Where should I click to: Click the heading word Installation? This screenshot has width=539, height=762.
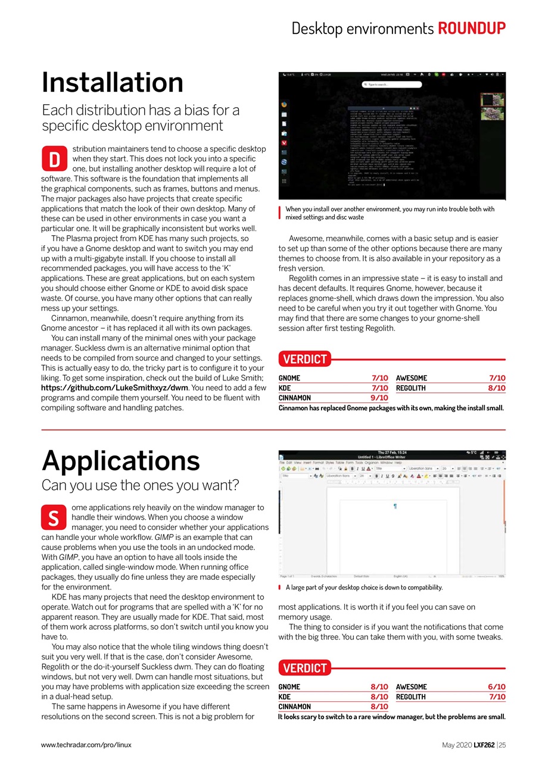point(113,82)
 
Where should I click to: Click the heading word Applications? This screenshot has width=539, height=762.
point(121,460)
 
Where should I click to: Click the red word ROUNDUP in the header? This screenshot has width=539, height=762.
point(472,28)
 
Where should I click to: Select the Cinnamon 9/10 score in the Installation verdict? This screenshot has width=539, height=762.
point(379,398)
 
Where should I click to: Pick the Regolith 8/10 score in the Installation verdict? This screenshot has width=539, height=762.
point(497,388)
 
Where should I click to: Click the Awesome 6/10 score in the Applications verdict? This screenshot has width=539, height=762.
point(497,686)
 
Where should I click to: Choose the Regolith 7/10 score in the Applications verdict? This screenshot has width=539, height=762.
point(497,697)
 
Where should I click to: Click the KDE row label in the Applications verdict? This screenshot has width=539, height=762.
point(285,697)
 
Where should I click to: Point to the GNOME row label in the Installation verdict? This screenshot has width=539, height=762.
point(289,377)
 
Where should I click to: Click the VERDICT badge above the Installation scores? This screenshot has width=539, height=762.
point(305,359)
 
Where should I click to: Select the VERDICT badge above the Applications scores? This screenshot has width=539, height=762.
point(305,668)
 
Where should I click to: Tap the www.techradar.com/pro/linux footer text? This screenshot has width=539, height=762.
point(86,744)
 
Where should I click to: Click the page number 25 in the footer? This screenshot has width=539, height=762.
point(502,744)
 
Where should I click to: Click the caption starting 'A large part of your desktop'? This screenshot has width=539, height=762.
point(364,588)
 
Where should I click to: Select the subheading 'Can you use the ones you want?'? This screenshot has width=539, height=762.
point(141,485)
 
